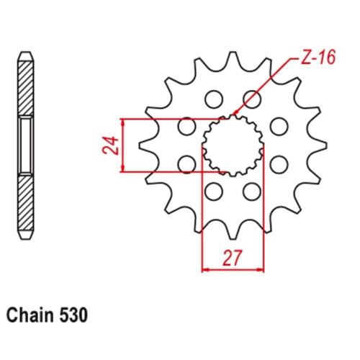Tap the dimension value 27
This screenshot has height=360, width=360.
click(232, 257)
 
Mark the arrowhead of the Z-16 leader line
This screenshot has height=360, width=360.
click(233, 115)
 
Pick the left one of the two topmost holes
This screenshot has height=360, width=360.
click(213, 98)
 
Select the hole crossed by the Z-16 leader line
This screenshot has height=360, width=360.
click(251, 98)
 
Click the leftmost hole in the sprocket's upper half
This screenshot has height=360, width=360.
click(186, 125)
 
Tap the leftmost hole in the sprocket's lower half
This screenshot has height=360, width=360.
click(186, 163)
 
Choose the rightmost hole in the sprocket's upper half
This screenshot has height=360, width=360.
click(277, 125)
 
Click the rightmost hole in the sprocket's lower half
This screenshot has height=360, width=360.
click(277, 163)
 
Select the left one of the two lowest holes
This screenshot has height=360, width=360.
click(213, 191)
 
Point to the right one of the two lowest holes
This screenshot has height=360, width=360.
click(251, 191)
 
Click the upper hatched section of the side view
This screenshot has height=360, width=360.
click(26, 86)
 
